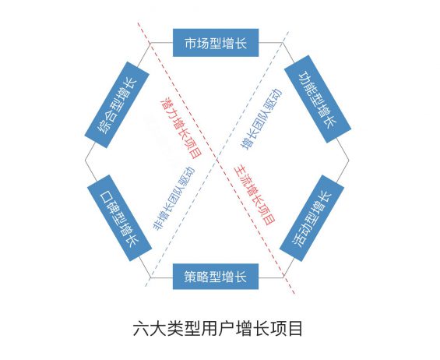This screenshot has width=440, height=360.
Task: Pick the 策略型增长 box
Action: point(216,277)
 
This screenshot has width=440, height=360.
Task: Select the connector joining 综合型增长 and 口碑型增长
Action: point(92,161)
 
